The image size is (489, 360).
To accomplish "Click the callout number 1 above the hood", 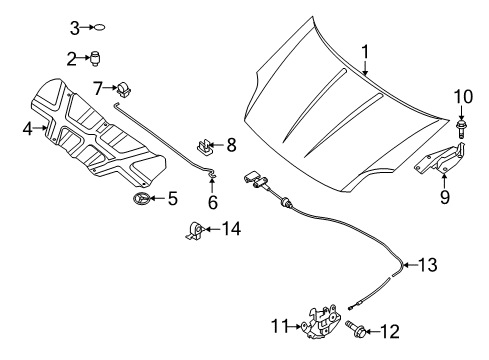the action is [365, 53].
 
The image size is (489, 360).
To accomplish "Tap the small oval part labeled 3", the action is [99, 28].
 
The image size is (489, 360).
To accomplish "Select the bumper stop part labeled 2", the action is [96, 59].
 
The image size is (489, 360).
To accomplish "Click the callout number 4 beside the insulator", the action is [28, 128].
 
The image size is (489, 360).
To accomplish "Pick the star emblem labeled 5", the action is [140, 199].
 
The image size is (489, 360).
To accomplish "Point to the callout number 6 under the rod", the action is [213, 202].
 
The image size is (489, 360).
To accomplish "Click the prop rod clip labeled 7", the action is [124, 89].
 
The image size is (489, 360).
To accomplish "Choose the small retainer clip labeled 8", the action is [204, 147].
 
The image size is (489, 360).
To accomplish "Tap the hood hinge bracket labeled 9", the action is [440, 159].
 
